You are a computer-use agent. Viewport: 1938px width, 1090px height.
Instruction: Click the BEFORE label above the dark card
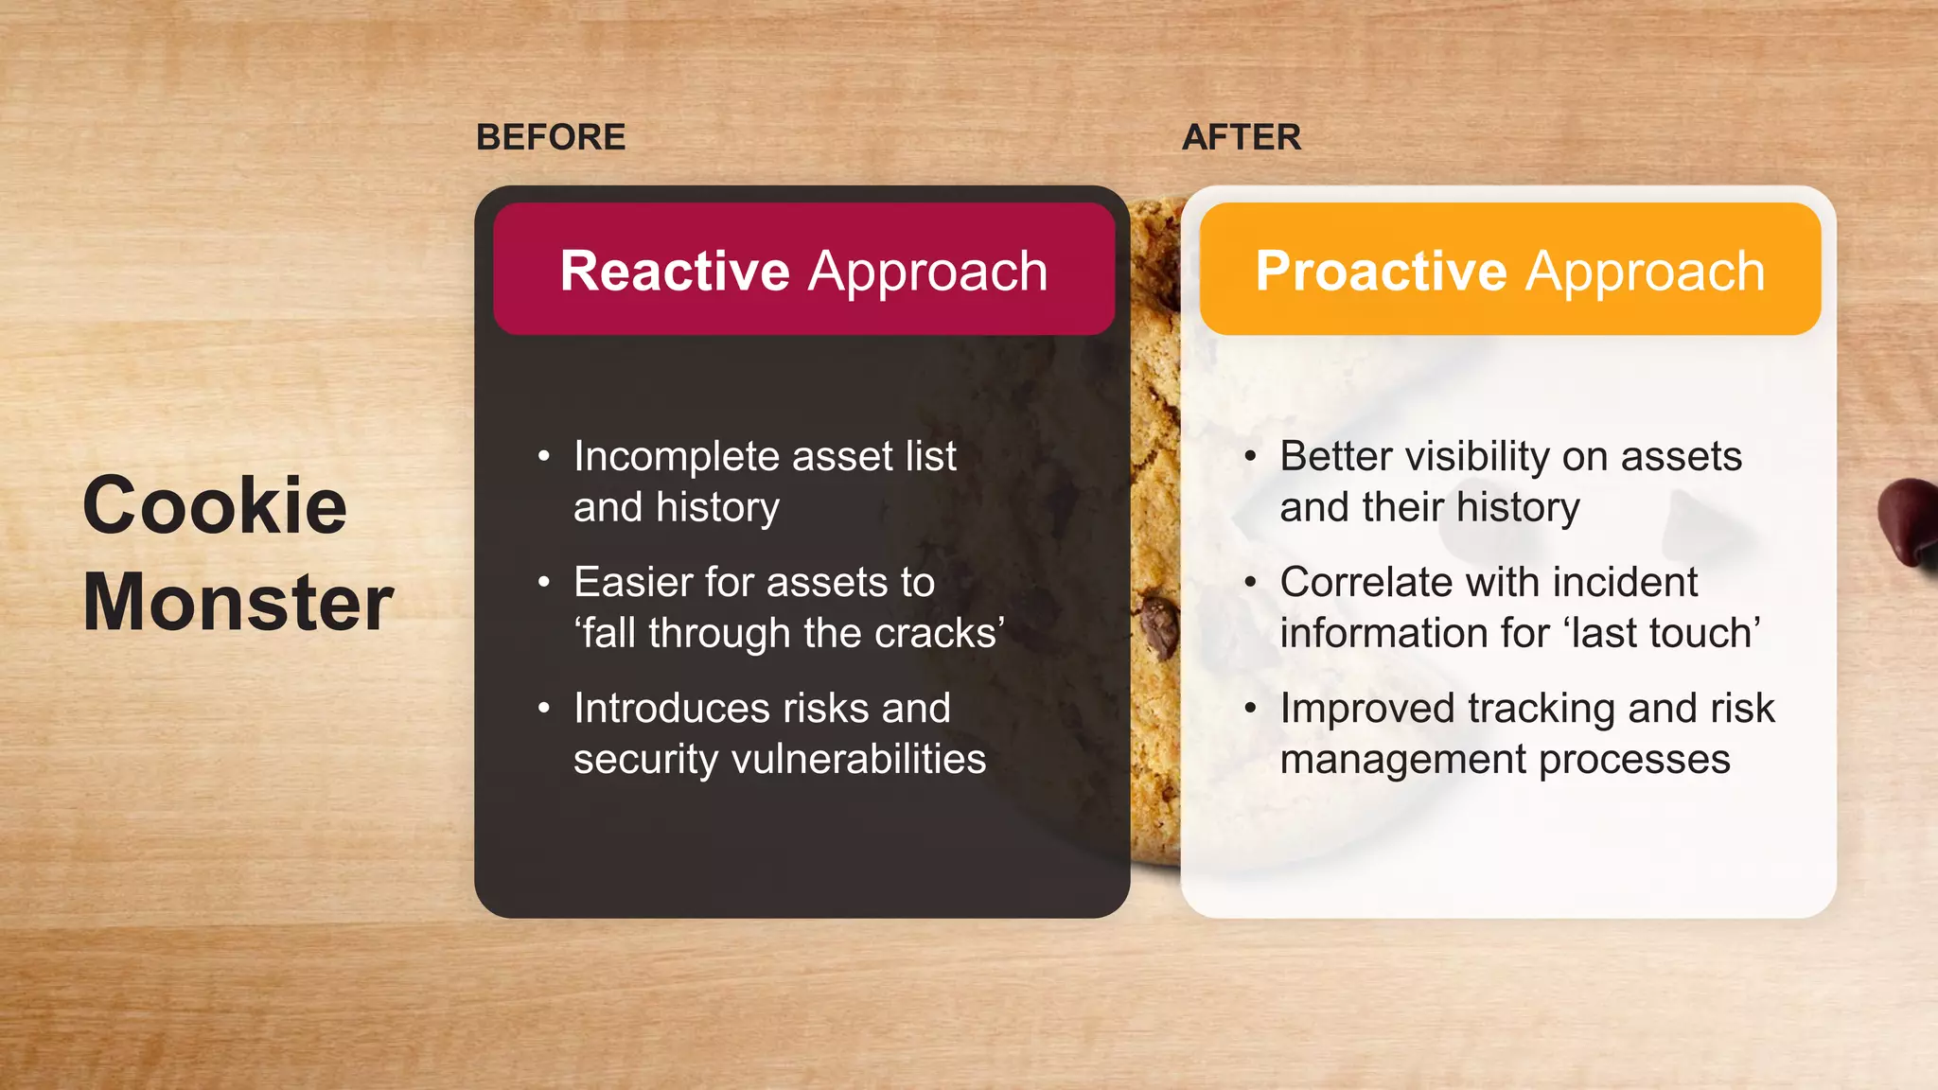550,137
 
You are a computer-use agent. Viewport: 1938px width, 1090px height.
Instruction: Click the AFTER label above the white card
1241,137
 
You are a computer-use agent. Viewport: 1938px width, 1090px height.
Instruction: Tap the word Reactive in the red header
674,272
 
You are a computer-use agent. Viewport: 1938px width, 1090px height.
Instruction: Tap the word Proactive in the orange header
1380,272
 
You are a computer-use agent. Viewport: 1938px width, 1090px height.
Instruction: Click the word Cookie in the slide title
215,506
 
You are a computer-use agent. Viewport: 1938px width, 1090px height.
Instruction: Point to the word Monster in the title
238,603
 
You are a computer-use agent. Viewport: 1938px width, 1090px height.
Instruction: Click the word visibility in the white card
1477,457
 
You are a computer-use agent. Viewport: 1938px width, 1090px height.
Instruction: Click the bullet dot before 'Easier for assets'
543,582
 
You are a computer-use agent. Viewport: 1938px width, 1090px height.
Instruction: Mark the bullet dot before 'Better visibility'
1250,456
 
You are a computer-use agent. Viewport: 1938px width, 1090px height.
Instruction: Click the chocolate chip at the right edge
1910,520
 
